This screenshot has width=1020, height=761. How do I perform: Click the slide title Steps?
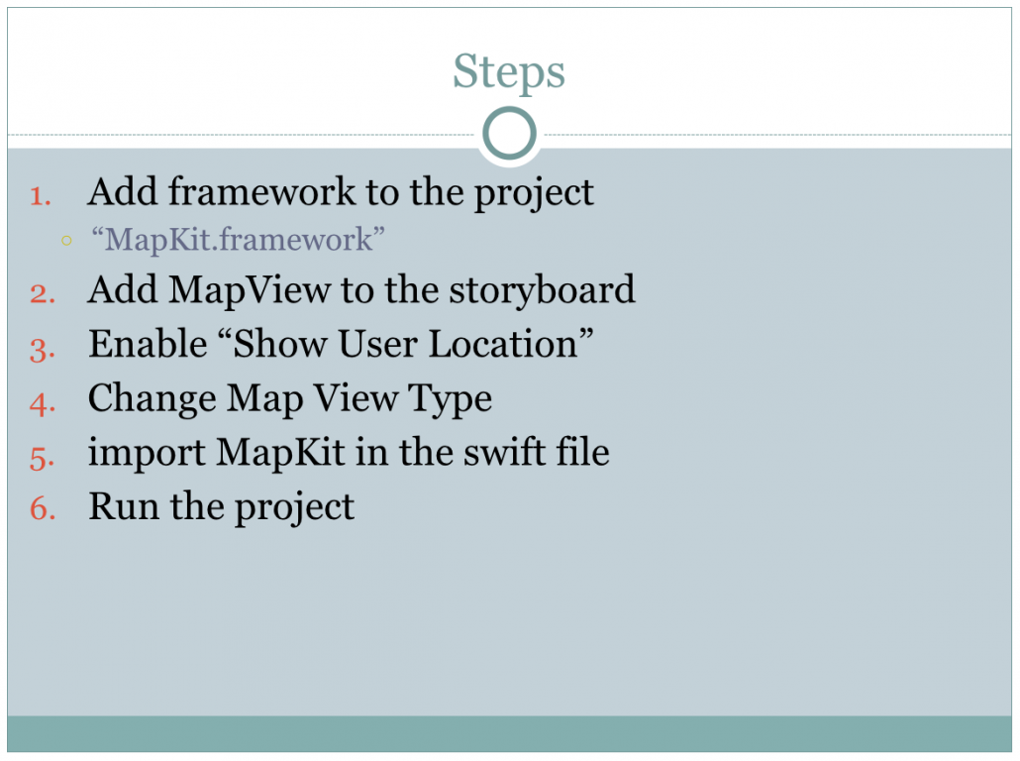coord(509,72)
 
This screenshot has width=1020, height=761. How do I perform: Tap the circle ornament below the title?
coord(509,134)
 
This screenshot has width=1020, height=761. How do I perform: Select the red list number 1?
coord(40,195)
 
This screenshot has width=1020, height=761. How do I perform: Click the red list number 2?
coord(42,292)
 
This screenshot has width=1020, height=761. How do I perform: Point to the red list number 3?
coord(42,347)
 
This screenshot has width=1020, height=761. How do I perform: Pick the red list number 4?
coord(42,401)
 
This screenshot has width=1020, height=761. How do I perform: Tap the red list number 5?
coord(42,456)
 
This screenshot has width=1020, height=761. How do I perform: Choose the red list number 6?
coord(42,509)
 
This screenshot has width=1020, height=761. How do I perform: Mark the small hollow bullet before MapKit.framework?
coord(66,239)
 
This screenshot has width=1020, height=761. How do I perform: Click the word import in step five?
coord(146,454)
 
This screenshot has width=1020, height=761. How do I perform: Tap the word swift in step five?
coord(498,453)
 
